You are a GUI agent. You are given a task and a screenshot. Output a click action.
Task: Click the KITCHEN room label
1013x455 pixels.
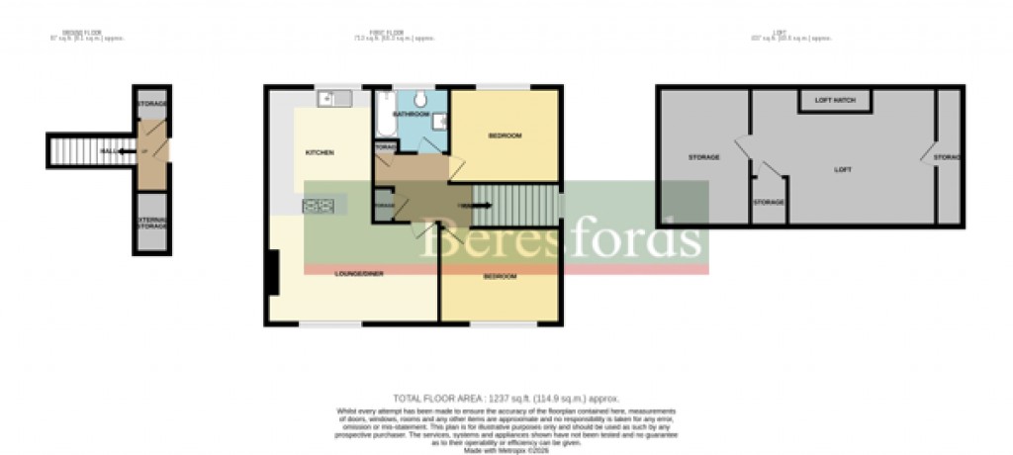(319, 152)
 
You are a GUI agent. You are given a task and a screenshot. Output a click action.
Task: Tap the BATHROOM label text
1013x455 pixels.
(409, 115)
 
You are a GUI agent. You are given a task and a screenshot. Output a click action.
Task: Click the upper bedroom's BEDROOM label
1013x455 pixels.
(505, 136)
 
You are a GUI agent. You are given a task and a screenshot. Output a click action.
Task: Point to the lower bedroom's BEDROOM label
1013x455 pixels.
(500, 277)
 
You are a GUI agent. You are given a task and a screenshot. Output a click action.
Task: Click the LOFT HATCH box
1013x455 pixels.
(834, 101)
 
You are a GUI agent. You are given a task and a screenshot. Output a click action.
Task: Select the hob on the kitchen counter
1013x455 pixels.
(320, 206)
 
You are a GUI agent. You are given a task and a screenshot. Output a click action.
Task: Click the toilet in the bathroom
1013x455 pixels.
(420, 98)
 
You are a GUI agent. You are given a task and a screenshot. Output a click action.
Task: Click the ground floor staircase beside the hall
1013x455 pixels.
(74, 150)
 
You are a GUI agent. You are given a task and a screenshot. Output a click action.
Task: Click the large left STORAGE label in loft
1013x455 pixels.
(703, 157)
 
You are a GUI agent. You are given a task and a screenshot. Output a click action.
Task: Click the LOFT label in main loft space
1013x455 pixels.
(843, 169)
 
